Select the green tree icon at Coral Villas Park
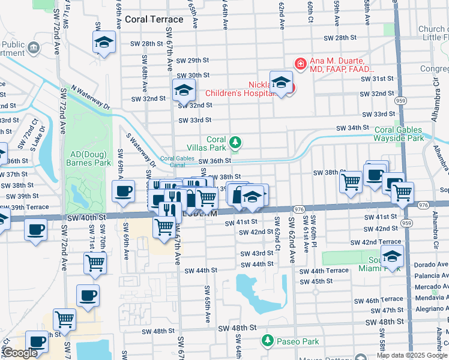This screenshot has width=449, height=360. (236, 142)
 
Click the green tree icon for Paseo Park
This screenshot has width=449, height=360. (268, 341)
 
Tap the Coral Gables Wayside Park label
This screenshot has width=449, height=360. (403, 134)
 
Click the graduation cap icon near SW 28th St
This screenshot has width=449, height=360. (104, 42)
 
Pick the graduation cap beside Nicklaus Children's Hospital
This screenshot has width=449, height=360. (281, 82)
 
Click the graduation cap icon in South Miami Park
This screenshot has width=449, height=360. (392, 256)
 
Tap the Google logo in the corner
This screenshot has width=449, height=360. (19, 353)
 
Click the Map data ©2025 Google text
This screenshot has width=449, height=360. (412, 355)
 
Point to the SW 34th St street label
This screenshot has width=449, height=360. (352, 128)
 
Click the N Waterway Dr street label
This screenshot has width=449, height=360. (91, 96)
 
